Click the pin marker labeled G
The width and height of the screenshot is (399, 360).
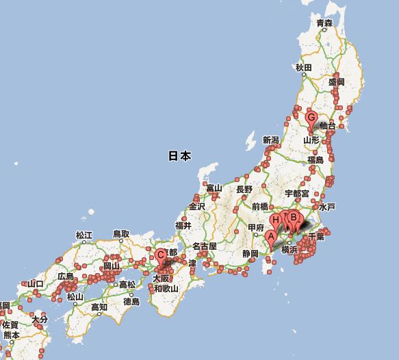pos(311,118)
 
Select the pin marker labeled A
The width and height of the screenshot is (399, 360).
pos(271,237)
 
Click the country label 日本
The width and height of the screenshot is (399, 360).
pos(179,156)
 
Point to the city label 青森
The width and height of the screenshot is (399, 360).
pos(324,23)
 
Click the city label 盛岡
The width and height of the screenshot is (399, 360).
pos(337,81)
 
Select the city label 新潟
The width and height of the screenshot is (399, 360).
pos(271,140)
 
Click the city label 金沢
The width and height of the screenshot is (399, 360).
pos(197,206)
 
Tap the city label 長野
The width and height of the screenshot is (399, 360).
pos(244,189)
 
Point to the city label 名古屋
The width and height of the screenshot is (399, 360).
pos(204,246)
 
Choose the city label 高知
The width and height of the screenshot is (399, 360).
pos(99,307)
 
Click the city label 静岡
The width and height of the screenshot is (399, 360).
pos(250,253)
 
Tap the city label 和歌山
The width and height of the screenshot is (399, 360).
pos(165,289)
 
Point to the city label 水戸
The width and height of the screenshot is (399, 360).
pos(326,206)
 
